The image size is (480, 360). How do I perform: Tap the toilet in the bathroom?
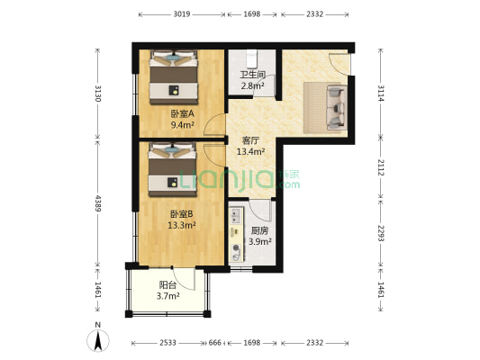click(251, 58)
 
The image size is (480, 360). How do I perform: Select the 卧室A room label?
click(183, 114)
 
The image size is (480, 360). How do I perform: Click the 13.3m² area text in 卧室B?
click(182, 225)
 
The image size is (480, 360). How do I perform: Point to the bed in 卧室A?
click(173, 77)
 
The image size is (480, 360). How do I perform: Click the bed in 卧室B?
click(173, 170)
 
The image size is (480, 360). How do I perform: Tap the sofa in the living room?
click(337, 108)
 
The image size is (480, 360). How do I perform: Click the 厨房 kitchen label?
click(259, 230)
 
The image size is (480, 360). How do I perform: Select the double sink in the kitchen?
click(236, 216)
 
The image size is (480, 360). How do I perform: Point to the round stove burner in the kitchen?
click(236, 247)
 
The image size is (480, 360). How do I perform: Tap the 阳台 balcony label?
click(168, 285)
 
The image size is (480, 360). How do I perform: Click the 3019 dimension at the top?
click(182, 14)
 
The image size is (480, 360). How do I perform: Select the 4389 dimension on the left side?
click(98, 203)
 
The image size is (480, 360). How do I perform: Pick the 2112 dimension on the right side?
click(381, 167)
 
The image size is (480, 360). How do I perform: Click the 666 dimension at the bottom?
click(215, 343)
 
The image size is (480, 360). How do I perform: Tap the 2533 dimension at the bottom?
click(168, 343)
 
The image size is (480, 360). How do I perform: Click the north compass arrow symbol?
click(98, 341)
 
